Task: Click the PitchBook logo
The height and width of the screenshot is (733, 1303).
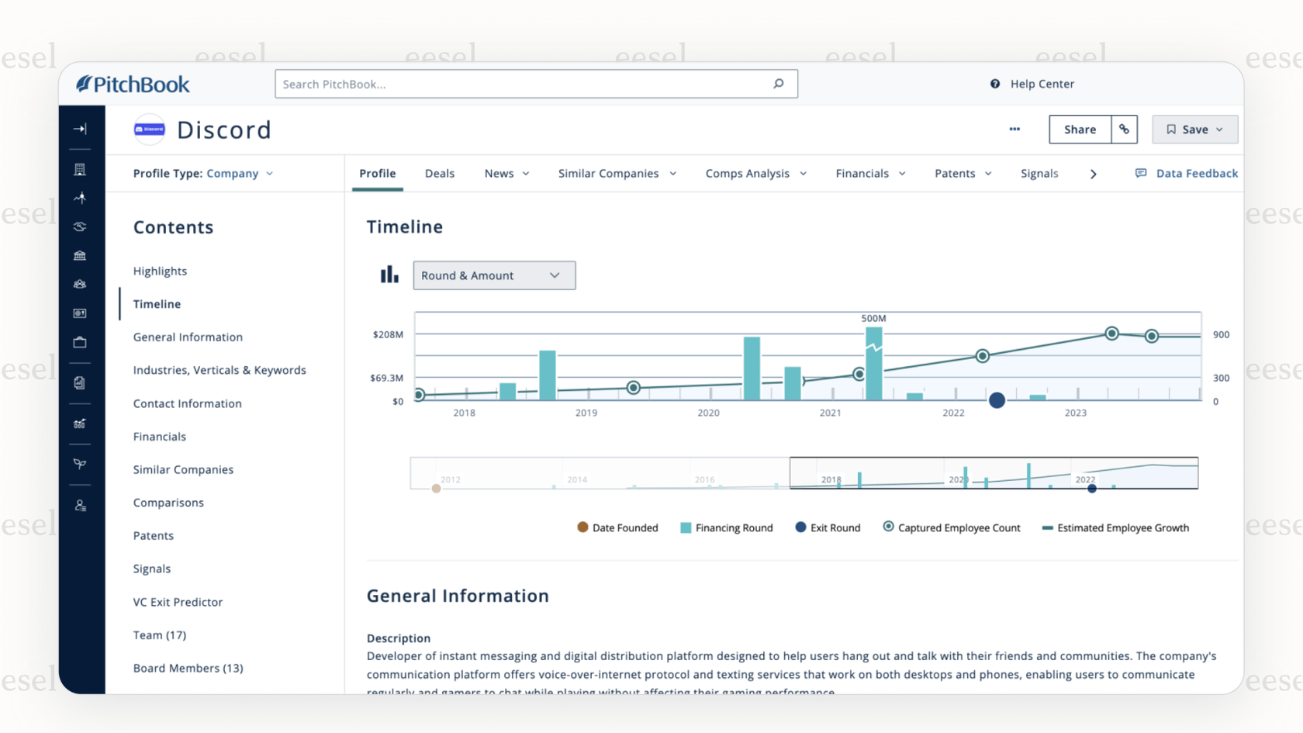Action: point(133,85)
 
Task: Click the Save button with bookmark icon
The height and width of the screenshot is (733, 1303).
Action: point(1194,130)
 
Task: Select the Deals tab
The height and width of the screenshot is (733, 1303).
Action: point(440,174)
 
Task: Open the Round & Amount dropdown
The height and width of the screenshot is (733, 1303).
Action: point(494,275)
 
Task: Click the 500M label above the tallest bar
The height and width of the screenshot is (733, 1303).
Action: point(873,319)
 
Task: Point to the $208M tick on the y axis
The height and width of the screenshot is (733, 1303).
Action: point(388,335)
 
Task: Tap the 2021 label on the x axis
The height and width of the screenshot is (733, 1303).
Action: point(830,413)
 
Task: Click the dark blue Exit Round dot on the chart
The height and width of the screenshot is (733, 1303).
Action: point(997,400)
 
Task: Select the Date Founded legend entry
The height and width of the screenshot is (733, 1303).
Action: point(618,528)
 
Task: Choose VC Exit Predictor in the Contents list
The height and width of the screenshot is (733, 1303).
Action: point(178,602)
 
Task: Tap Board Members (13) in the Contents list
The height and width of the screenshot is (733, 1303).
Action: point(188,668)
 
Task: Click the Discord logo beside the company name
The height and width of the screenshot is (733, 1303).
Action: point(150,130)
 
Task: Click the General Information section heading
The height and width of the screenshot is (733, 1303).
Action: point(458,596)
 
